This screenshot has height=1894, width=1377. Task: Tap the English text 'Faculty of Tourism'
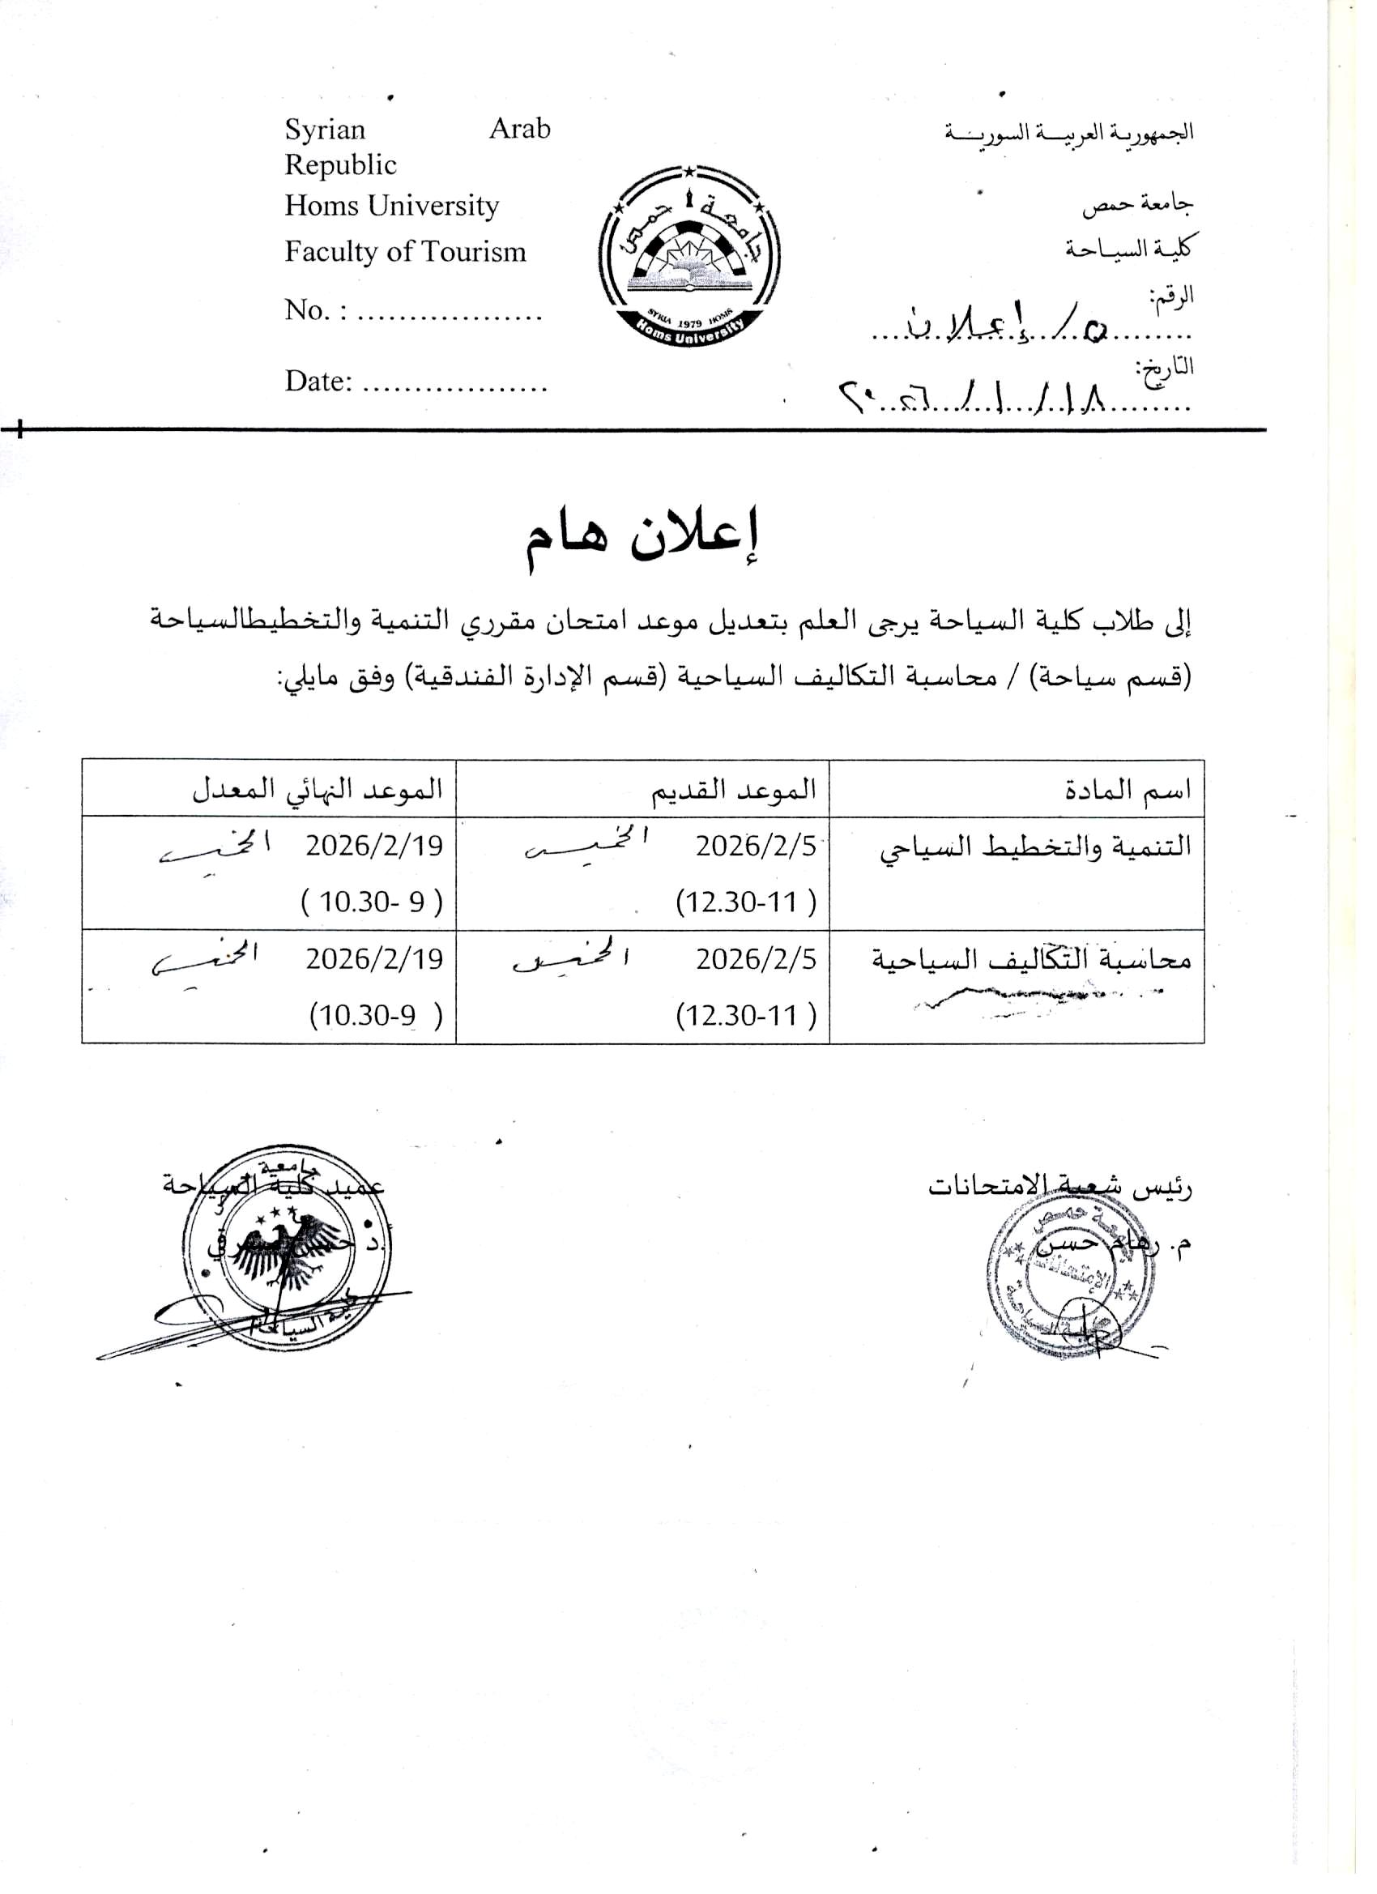coord(405,251)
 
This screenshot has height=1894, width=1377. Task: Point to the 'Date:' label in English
coord(318,382)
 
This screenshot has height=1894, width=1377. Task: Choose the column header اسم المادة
coord(1128,789)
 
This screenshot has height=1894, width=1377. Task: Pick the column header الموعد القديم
coord(733,789)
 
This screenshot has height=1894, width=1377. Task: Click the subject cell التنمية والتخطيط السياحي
coord(1035,846)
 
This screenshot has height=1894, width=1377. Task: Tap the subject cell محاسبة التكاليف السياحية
coord(1031,958)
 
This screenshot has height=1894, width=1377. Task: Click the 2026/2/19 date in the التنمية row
coord(373,846)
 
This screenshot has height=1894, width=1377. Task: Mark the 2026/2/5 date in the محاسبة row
coord(756,958)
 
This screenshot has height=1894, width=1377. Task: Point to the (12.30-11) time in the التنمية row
coord(746,902)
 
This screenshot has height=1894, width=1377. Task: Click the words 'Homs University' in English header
coord(392,206)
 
